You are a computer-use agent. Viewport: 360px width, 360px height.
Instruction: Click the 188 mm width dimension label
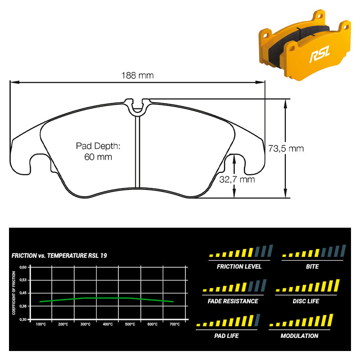137,75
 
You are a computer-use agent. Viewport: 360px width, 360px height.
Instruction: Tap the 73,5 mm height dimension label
286,148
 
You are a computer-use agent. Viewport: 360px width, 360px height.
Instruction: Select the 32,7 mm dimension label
237,180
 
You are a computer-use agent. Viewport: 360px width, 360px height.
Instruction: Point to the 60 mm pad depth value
98,157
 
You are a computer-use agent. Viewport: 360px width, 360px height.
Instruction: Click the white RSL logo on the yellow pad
319,54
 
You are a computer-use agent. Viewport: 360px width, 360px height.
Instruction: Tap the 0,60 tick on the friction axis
23,267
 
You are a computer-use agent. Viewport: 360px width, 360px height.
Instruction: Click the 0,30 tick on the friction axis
23,319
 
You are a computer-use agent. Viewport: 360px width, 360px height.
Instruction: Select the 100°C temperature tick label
41,324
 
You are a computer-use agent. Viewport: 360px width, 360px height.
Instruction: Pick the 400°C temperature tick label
108,324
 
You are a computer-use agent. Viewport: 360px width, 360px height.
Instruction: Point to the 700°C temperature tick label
175,324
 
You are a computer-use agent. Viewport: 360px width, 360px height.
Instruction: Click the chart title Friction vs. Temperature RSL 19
59,256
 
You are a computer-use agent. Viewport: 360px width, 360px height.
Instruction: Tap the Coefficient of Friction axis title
14,293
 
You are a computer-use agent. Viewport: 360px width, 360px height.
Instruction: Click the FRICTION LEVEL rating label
239,266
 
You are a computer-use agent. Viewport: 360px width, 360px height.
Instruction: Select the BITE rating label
312,266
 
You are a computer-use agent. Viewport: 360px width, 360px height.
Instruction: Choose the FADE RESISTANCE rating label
233,301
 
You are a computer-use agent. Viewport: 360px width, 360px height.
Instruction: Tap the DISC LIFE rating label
306,301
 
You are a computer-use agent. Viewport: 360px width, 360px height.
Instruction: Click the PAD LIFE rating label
226,336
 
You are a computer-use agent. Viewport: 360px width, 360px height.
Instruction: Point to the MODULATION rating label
299,336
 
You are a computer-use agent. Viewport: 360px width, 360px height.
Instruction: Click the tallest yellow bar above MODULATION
330,320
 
